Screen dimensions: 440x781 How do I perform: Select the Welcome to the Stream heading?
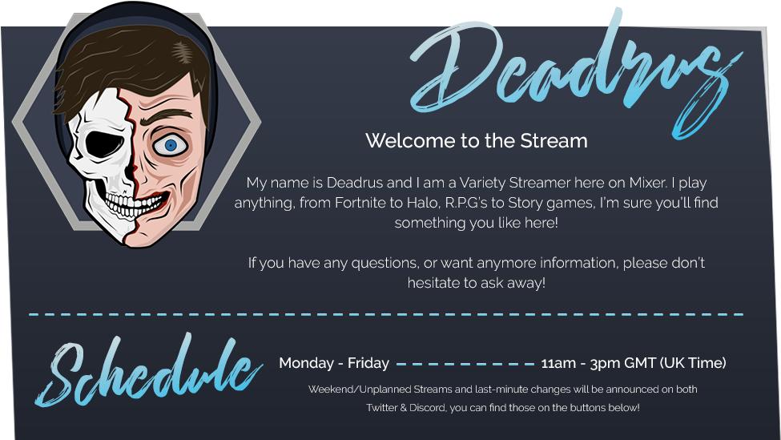[477, 141]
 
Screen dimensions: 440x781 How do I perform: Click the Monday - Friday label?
[334, 363]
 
